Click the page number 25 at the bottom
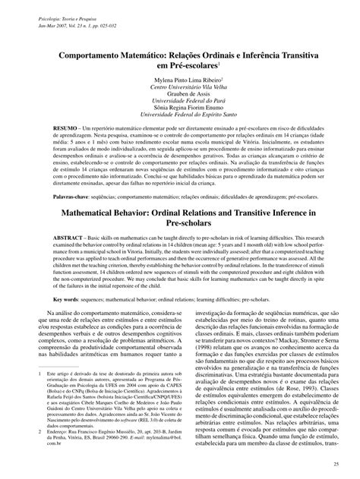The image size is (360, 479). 346,462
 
